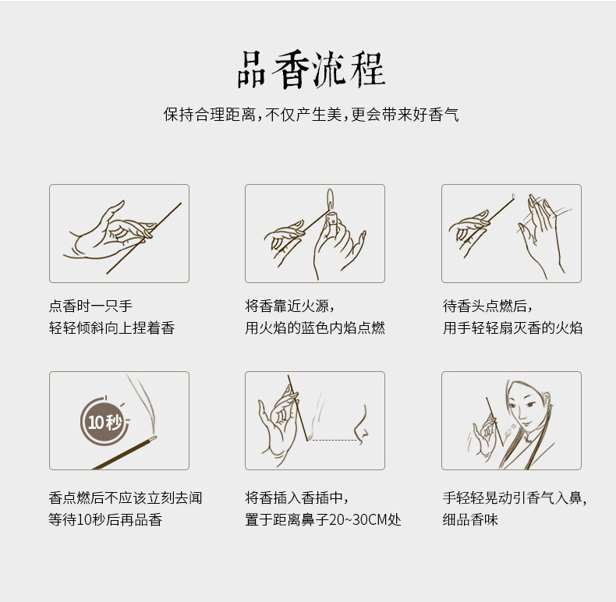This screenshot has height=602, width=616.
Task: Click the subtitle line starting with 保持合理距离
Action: [x=310, y=115]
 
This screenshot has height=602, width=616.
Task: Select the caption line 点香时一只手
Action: [x=90, y=306]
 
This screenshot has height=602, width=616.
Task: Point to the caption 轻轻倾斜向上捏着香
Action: [x=112, y=328]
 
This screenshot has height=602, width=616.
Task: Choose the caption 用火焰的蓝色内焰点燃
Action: [x=315, y=328]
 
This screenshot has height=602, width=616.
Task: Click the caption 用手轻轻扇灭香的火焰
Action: [x=512, y=328]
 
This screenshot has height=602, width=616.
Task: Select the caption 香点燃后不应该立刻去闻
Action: [x=125, y=498]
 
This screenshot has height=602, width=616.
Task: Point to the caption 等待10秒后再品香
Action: [x=105, y=520]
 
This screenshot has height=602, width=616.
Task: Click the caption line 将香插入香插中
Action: [x=296, y=498]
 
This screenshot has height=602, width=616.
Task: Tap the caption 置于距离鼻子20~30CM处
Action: [x=323, y=520]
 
